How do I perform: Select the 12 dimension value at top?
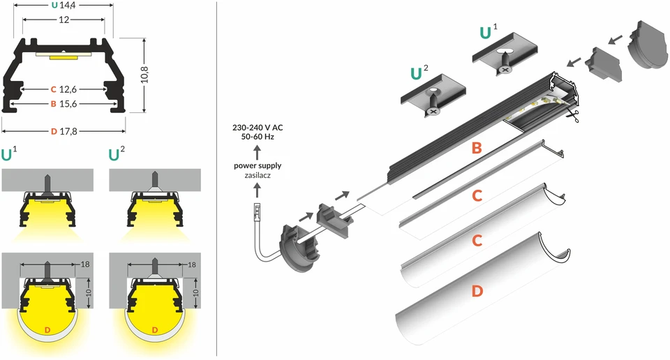pos(64,20)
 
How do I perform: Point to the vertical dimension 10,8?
pos(145,75)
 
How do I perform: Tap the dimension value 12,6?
pos(68,89)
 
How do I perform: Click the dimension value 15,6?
pos(68,104)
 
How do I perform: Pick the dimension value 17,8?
pos(68,132)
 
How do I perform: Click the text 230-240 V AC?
pos(258,127)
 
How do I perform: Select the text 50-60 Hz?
pos(258,137)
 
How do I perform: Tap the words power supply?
pos(258,165)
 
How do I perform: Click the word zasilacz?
pos(258,175)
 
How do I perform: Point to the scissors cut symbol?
pos(572,115)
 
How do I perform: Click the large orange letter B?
pos(477,148)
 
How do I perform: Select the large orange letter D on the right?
pos(477,291)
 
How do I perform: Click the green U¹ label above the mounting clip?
pos(489,32)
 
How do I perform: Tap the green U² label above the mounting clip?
pos(419,73)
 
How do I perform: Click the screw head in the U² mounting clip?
pos(433,112)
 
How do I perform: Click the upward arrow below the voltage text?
pos(258,153)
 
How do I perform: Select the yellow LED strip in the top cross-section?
pos(63,57)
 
